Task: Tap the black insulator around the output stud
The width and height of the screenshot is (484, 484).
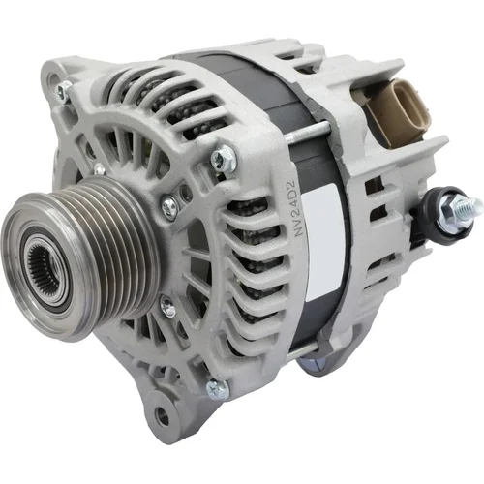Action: click(442, 215)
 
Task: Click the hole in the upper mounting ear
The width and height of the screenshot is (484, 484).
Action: click(53, 79)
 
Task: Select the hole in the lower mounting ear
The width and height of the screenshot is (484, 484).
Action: click(162, 416)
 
